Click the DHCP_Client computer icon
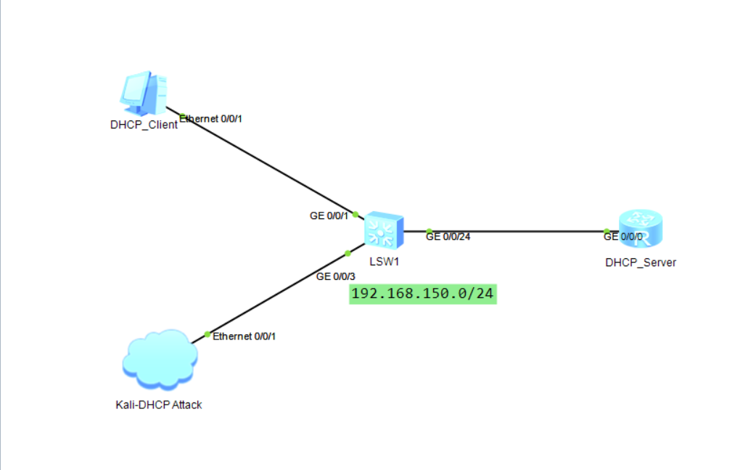143,93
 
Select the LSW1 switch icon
384,231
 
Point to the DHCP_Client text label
144,124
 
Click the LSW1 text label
384,262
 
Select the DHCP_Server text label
641,263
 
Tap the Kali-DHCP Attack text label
159,405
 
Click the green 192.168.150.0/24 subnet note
423,294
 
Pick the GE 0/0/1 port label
329,215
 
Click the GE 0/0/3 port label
336,276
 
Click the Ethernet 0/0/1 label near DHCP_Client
211,118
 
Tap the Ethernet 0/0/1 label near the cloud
244,337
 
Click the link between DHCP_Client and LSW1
261,164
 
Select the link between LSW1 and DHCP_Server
522,231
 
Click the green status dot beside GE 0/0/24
429,231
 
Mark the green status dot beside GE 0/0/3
348,253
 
